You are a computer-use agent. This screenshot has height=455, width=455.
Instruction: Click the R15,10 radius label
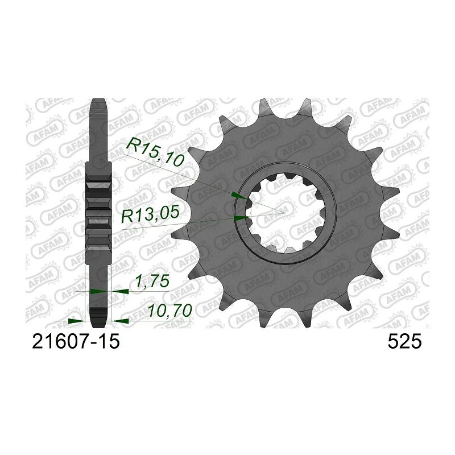(155, 152)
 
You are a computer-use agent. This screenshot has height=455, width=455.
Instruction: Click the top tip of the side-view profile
(98, 101)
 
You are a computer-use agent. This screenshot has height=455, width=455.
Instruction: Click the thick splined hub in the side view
(98, 210)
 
